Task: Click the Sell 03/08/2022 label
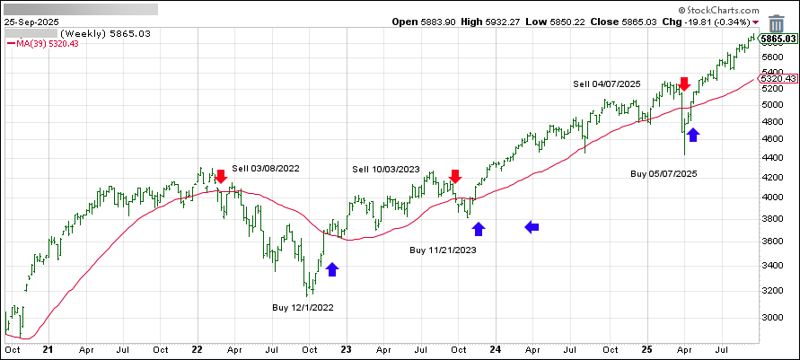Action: coord(266,168)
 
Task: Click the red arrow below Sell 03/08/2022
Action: coord(220,176)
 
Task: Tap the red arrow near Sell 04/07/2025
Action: coord(683,84)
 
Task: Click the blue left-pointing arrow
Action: coord(532,228)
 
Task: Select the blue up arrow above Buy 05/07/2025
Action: coord(692,135)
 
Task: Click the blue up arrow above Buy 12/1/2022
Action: coord(332,268)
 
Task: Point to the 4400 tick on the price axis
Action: coord(773,157)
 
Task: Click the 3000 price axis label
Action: coord(773,317)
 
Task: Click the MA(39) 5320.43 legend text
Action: coord(43,43)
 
